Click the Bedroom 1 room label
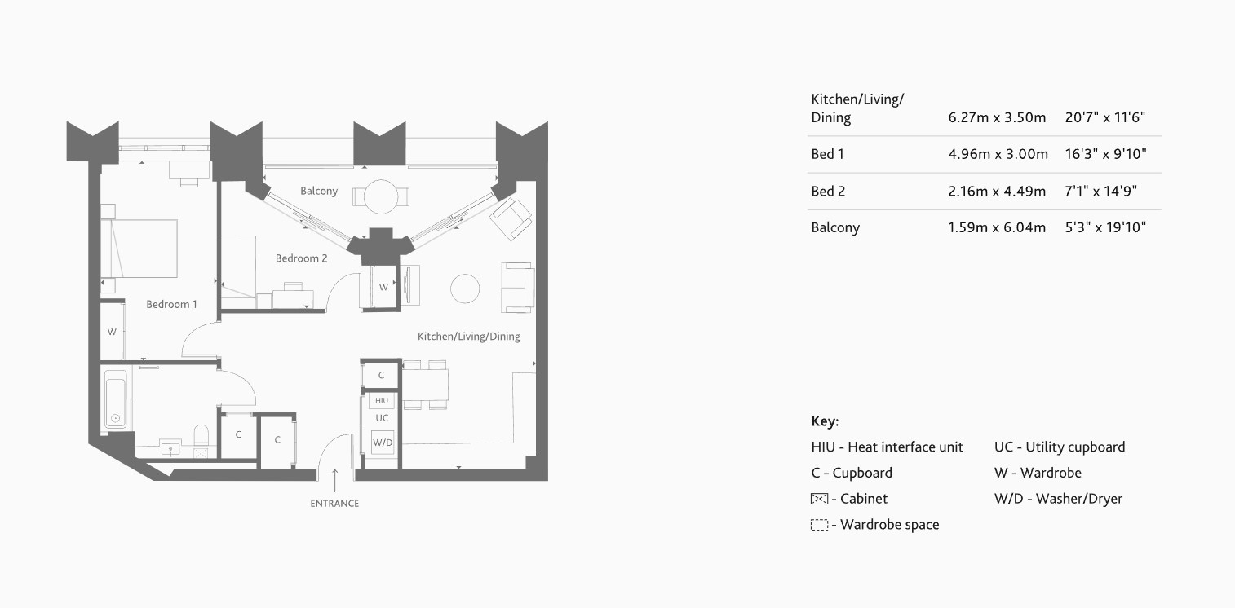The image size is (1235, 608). click(x=171, y=305)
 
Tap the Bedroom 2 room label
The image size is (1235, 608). click(x=301, y=258)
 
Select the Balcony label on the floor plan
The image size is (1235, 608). click(x=318, y=191)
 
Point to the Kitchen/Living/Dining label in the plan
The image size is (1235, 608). click(x=468, y=337)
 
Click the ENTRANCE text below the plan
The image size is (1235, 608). click(x=334, y=504)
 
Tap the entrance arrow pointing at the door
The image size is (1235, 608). click(x=334, y=479)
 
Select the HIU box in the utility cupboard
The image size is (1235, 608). click(x=382, y=401)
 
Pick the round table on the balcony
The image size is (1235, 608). click(x=380, y=196)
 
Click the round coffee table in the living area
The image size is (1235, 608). click(x=465, y=289)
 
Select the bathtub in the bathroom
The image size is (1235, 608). click(x=115, y=399)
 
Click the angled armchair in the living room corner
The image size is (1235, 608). click(x=511, y=218)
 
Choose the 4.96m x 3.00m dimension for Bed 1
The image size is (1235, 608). click(x=997, y=154)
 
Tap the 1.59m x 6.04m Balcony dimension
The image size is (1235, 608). click(x=997, y=227)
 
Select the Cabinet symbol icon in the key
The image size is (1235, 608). click(x=819, y=499)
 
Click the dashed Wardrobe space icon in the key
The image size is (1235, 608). click(x=819, y=526)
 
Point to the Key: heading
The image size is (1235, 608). click(x=825, y=421)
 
